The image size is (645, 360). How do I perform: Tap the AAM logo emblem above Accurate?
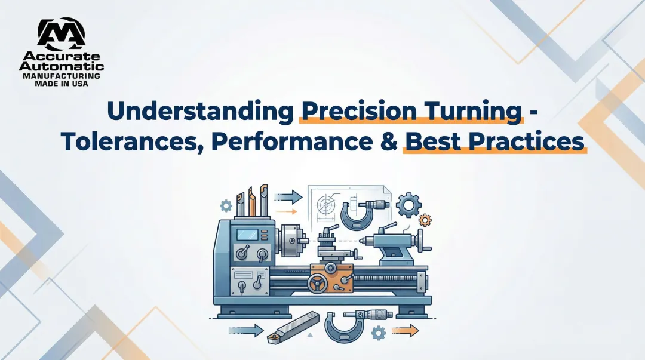coord(60,35)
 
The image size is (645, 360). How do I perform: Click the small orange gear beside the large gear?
coord(425,220)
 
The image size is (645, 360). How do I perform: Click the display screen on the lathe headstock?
coord(247,233)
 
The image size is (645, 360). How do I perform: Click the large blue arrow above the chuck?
coord(291,195)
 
